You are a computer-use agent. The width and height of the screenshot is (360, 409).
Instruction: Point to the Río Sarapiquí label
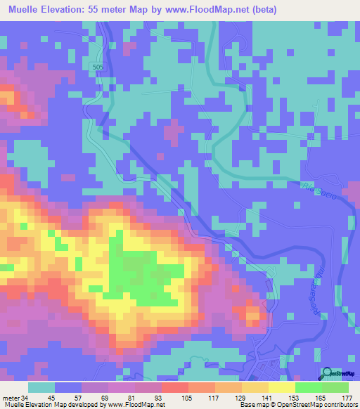click(x=325, y=289)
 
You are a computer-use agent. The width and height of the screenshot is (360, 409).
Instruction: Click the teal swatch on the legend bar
click(x=41, y=387)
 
